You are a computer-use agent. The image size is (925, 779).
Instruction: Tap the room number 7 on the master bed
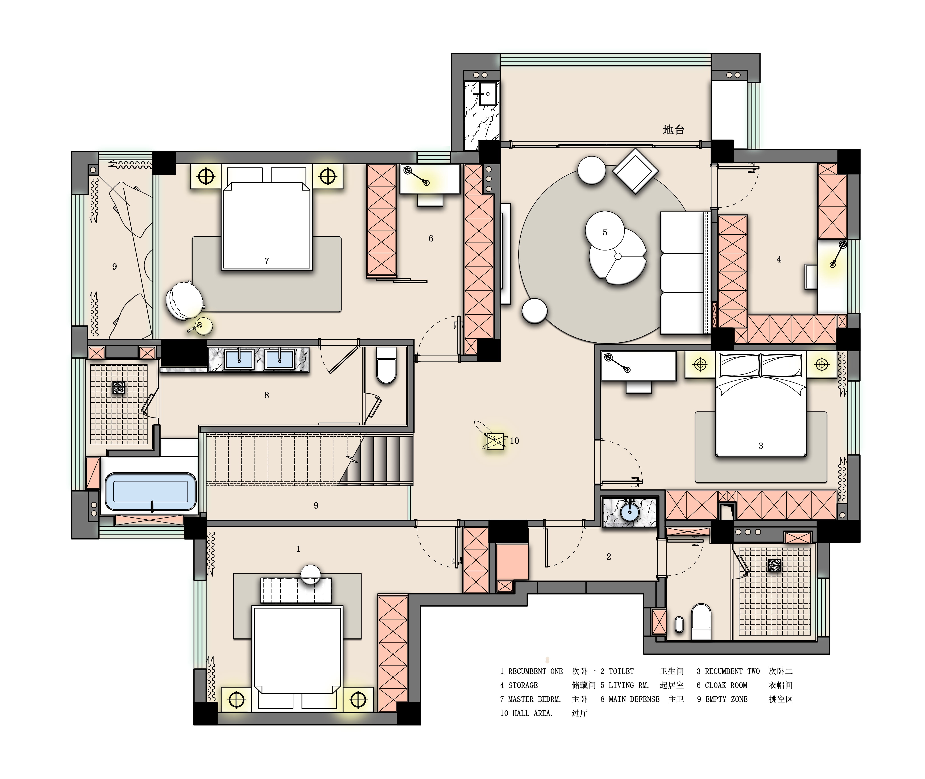pyautogui.click(x=266, y=261)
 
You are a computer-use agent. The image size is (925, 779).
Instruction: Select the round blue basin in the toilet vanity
pyautogui.click(x=629, y=512)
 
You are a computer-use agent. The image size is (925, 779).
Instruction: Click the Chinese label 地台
pyautogui.click(x=673, y=130)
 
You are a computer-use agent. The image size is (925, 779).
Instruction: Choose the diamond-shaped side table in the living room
pyautogui.click(x=635, y=171)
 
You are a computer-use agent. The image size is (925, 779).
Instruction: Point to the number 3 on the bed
pyautogui.click(x=761, y=446)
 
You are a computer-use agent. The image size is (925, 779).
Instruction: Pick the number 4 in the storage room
pyautogui.click(x=779, y=260)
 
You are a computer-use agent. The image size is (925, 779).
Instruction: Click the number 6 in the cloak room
pyautogui.click(x=431, y=238)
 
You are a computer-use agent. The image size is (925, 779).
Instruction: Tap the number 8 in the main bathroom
pyautogui.click(x=266, y=395)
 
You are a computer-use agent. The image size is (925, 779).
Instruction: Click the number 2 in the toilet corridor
pyautogui.click(x=609, y=557)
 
